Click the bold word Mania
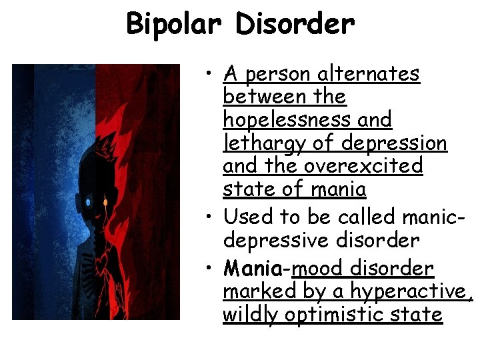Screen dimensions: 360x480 pos(252,269)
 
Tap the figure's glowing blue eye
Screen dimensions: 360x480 pos(88,201)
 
